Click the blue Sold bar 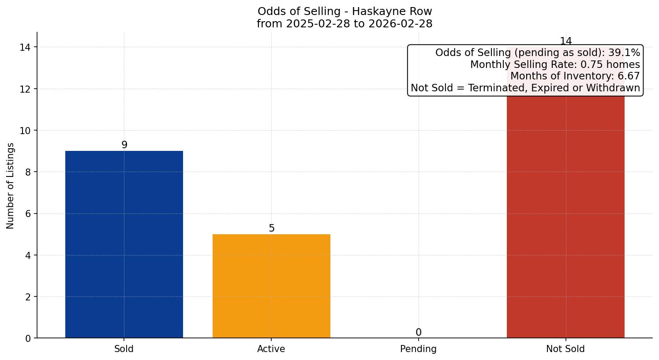124,244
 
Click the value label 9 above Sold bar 124,145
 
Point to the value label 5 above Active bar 272,228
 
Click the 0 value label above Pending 419,332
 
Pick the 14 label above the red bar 565,41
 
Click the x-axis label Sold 124,349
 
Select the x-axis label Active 271,349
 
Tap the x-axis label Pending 418,349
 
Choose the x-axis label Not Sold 565,349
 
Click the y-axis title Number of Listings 11,185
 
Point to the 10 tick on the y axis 25,131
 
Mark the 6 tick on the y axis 28,214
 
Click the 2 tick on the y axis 28,297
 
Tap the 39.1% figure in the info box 624,53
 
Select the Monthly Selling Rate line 555,64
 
